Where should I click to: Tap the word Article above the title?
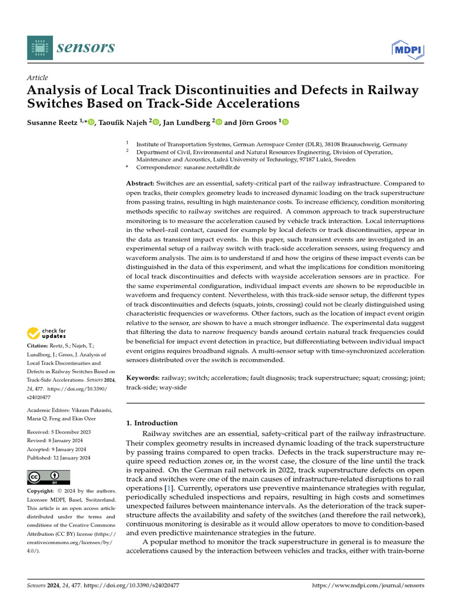pyautogui.click(x=38, y=78)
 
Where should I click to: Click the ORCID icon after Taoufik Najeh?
pyautogui.click(x=156, y=122)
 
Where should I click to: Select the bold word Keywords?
pyautogui.click(x=144, y=377)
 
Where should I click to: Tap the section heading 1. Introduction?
pyautogui.click(x=152, y=423)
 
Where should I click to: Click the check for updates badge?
pyautogui.click(x=47, y=333)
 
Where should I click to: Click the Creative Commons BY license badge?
pyautogui.click(x=49, y=478)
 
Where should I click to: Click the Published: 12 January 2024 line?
pyautogui.click(x=59, y=458)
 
